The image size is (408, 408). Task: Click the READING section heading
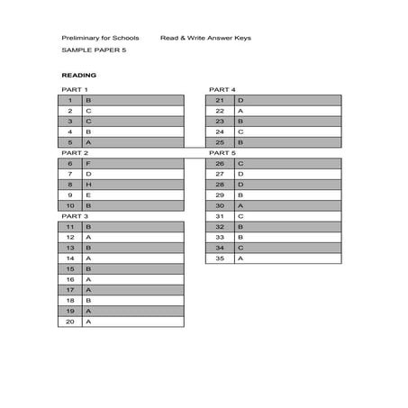tap(78, 75)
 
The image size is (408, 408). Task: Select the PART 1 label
tap(75, 90)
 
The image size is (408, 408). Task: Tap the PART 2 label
tap(75, 153)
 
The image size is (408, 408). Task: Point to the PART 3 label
tap(75, 216)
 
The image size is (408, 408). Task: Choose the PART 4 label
tap(222, 90)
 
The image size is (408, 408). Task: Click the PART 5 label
tap(222, 153)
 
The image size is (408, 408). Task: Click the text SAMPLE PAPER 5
tap(88, 52)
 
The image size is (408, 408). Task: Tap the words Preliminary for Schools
tap(100, 39)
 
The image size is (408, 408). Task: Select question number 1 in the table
tap(69, 100)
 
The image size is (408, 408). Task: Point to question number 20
tap(69, 321)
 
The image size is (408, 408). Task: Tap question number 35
tap(220, 258)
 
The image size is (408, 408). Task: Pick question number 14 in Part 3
tap(69, 258)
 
